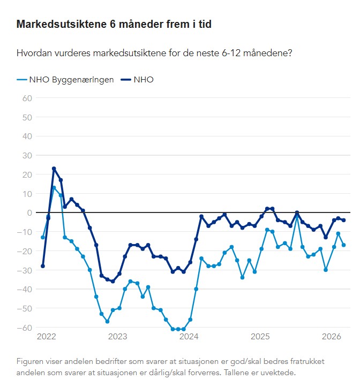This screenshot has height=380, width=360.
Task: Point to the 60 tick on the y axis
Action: [27, 98]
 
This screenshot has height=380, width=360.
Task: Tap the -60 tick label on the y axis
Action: [25, 328]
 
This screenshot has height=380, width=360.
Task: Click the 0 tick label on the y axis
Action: [30, 212]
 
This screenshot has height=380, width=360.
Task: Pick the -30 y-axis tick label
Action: [25, 270]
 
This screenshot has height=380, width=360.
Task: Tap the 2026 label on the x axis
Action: [332, 337]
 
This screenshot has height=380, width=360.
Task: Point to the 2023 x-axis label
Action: [117, 337]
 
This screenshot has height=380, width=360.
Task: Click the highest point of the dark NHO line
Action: [54, 169]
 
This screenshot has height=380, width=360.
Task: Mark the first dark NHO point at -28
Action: [43, 266]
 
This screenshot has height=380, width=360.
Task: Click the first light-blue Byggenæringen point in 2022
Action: [43, 237]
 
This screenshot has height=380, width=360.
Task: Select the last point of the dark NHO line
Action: [343, 220]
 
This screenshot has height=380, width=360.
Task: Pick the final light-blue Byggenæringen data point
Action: [343, 245]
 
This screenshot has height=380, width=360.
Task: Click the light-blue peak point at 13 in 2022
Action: [54, 188]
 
